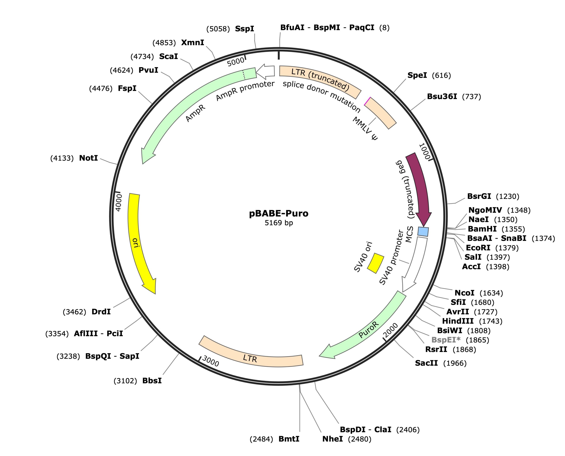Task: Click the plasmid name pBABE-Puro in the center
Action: pos(279,213)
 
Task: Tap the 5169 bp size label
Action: pos(279,223)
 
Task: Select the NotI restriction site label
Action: pos(88,158)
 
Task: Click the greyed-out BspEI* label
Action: pos(446,340)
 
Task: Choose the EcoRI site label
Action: pos(478,248)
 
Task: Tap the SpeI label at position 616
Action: pos(417,75)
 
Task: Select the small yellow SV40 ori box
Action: pos(375,263)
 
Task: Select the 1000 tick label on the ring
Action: pos(424,151)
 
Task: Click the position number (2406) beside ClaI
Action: pos(408,430)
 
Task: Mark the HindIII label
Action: pos(458,321)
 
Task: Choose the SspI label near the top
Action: pos(244,29)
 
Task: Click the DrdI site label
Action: pos(101,312)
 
